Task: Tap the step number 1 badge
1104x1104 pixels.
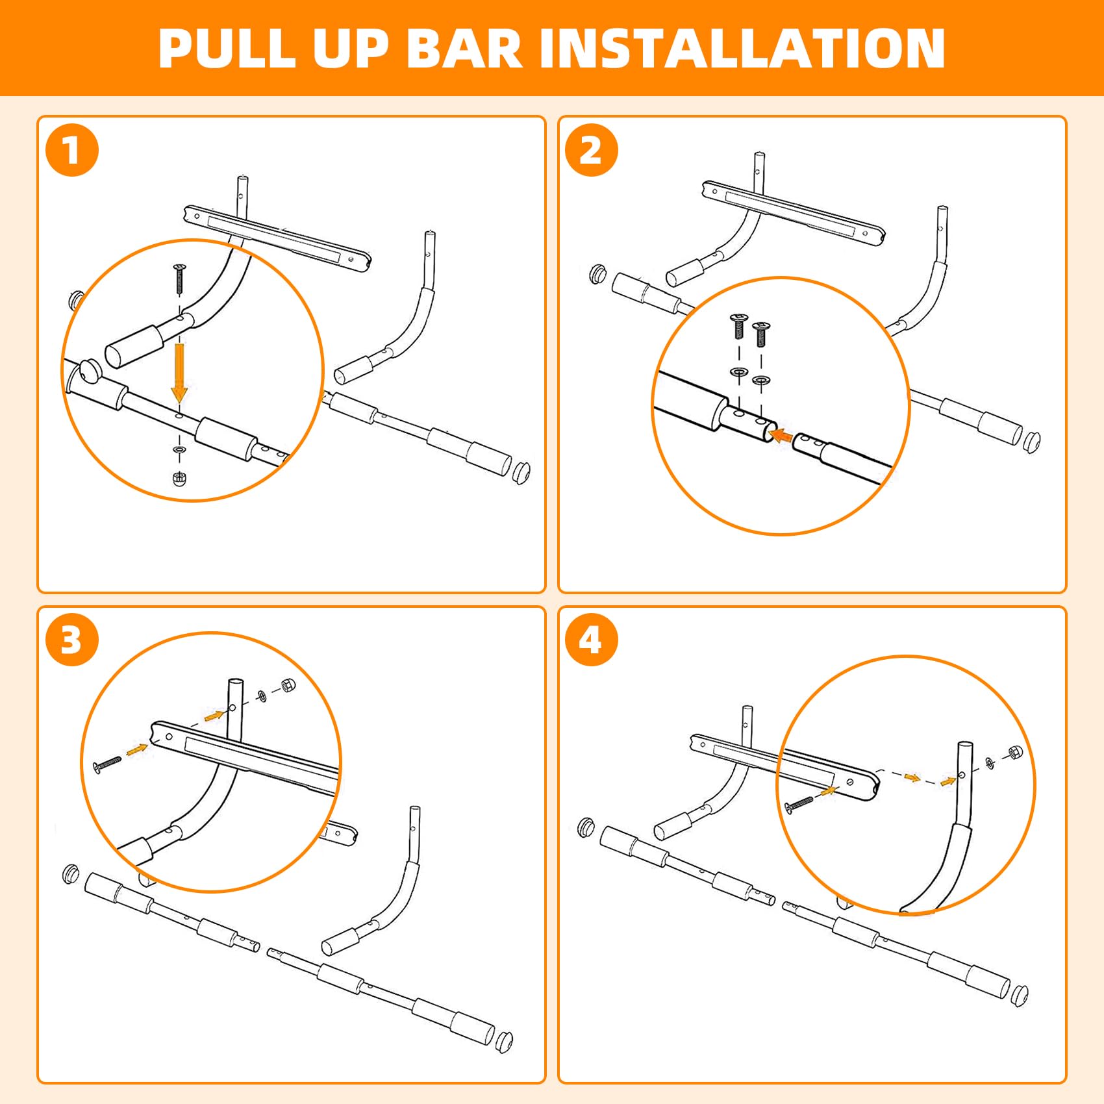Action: click(x=72, y=150)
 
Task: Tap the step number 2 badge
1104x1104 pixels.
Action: click(x=591, y=150)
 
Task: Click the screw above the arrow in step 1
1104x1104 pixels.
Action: click(x=179, y=279)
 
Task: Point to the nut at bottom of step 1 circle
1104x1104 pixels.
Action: click(x=180, y=479)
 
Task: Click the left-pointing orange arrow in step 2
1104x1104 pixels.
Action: click(x=781, y=436)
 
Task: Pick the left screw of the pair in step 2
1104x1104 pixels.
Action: click(x=738, y=326)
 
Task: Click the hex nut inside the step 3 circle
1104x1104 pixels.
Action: click(x=288, y=685)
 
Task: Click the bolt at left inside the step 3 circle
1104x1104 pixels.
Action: click(x=108, y=764)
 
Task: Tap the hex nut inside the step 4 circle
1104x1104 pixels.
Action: click(x=1014, y=753)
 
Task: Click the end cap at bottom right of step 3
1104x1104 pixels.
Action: click(x=504, y=1041)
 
